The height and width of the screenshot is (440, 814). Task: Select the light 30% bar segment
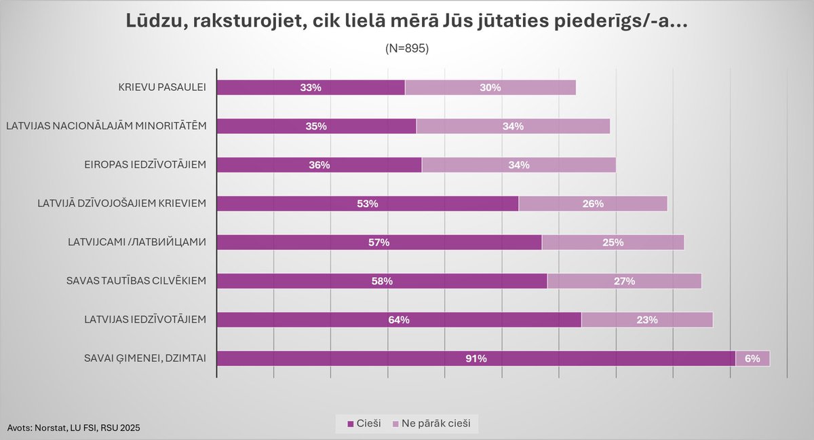click(490, 88)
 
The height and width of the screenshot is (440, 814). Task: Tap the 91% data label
click(476, 359)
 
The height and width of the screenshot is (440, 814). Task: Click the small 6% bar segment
click(752, 359)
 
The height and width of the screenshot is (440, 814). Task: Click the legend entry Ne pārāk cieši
click(435, 424)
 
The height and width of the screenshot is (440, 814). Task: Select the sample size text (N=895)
click(407, 48)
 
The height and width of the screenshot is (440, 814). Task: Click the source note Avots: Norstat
click(75, 427)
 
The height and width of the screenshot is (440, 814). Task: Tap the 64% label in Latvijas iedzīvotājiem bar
click(399, 320)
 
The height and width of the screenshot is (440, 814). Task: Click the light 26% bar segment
click(592, 204)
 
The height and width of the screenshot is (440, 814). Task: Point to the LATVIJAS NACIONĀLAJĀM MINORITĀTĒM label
click(110, 126)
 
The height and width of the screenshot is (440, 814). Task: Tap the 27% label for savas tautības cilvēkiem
click(624, 281)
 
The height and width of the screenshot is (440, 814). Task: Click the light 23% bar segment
click(646, 320)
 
